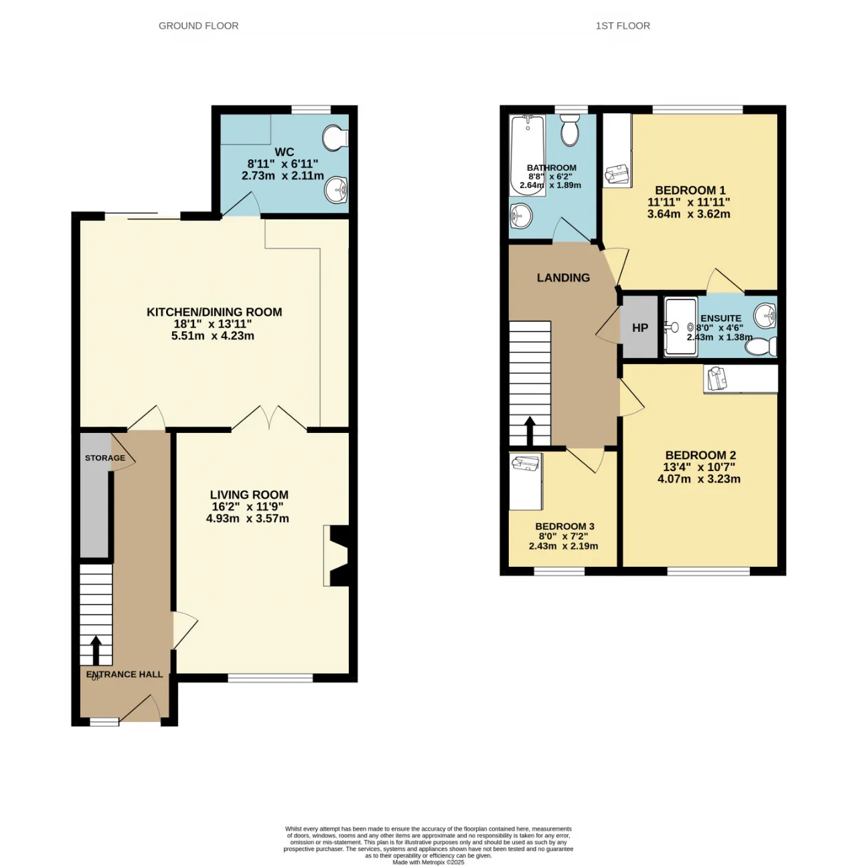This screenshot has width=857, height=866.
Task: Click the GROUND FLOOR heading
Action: point(198,26)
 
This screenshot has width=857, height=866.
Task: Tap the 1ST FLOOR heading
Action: point(623,26)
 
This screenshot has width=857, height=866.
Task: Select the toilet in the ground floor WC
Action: point(335,137)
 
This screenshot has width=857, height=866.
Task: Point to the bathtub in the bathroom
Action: point(527,155)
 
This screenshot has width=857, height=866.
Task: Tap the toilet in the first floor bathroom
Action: point(570,130)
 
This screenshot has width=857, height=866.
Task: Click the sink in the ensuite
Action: point(765,315)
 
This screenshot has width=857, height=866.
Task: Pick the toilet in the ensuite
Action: point(761,347)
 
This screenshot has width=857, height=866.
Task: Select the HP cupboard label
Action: point(640,328)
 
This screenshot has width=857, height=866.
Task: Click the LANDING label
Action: point(563,278)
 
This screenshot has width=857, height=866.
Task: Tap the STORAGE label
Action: point(105,458)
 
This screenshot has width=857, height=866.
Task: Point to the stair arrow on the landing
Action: point(530,430)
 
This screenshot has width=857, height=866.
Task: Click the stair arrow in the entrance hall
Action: point(96,650)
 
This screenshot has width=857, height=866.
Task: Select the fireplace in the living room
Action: point(335,556)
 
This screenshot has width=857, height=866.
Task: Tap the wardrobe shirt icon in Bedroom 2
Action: point(716,378)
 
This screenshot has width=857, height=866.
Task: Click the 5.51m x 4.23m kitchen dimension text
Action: point(213,336)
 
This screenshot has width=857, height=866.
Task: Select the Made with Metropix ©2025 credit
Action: point(428,863)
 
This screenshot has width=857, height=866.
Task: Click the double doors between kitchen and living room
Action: point(269,418)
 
